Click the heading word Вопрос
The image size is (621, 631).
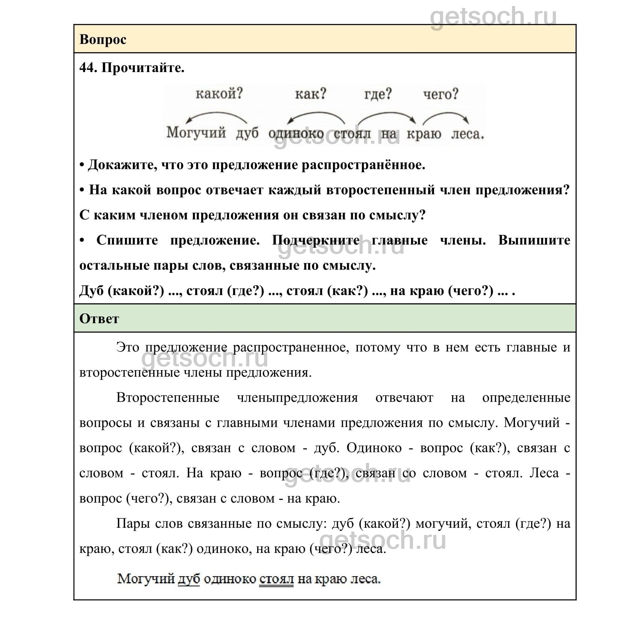(102, 39)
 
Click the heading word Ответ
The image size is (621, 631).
(99, 319)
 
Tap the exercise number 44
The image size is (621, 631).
(88, 68)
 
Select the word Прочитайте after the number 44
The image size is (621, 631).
(143, 68)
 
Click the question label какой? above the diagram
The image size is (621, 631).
(219, 93)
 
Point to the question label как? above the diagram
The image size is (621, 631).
(310, 93)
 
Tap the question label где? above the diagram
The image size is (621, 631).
(378, 93)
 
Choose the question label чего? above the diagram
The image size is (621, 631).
(441, 94)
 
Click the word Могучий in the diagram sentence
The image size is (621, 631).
(196, 133)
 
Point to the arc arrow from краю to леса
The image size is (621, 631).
(446, 114)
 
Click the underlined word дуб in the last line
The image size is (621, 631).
(188, 579)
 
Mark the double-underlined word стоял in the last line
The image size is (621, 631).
(276, 579)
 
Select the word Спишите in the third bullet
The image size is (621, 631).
(127, 240)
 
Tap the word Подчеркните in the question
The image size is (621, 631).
(315, 240)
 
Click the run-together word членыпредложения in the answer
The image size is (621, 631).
(297, 398)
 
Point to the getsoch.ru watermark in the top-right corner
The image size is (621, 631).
(493, 17)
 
